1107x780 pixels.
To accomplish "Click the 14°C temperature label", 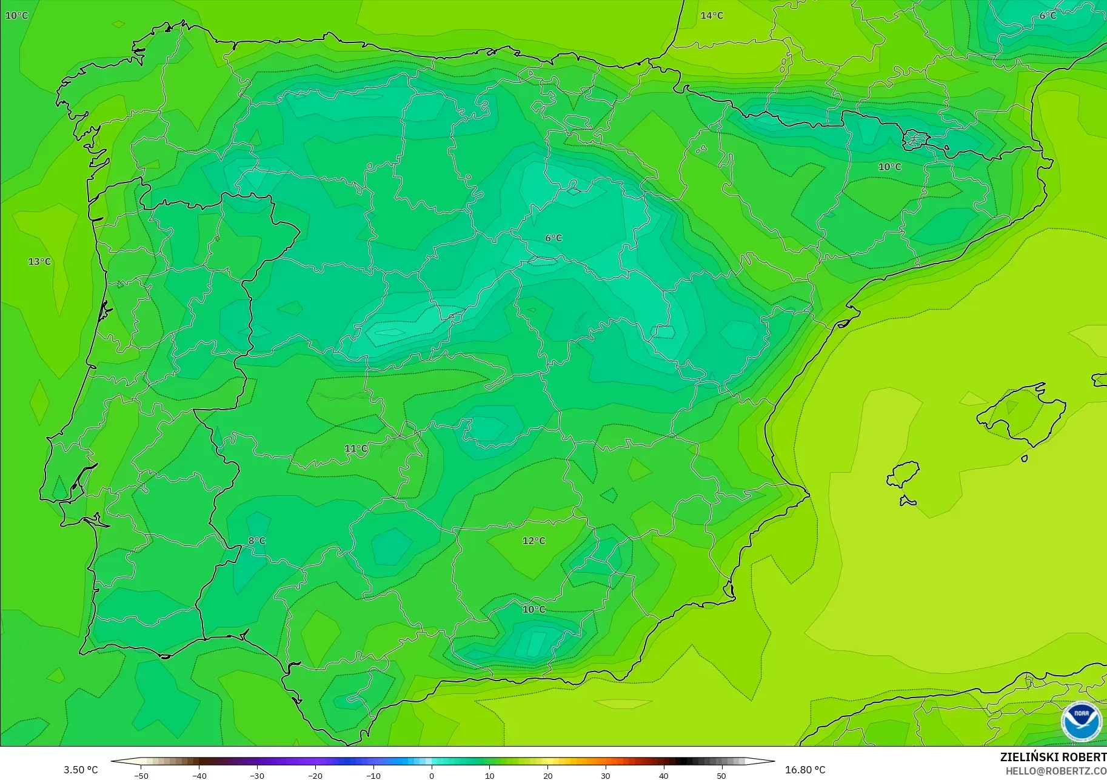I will point(712,15).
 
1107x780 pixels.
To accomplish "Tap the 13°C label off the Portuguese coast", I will point(39,261).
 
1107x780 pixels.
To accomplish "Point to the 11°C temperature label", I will point(356,448).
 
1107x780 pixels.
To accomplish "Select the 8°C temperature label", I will point(257,541).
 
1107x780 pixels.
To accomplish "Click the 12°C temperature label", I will point(533,541).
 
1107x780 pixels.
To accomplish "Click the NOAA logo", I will point(1081,721).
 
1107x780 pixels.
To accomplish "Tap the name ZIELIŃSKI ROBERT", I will point(1052,757).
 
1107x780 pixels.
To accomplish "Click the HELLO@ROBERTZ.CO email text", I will point(1055,771).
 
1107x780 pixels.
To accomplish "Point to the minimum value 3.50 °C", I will point(81,770).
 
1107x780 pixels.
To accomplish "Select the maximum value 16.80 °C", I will point(805,770).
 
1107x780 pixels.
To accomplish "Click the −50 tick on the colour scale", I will point(141,775).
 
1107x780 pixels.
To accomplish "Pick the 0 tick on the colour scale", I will point(432,775).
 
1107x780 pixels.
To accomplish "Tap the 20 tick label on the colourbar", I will point(547,775).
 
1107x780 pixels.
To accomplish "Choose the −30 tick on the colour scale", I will point(256,775).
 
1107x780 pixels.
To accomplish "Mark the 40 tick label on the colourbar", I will point(664,775).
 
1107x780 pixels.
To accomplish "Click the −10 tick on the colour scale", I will point(373,775).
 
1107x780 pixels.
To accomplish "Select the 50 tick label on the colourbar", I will point(721,775).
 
